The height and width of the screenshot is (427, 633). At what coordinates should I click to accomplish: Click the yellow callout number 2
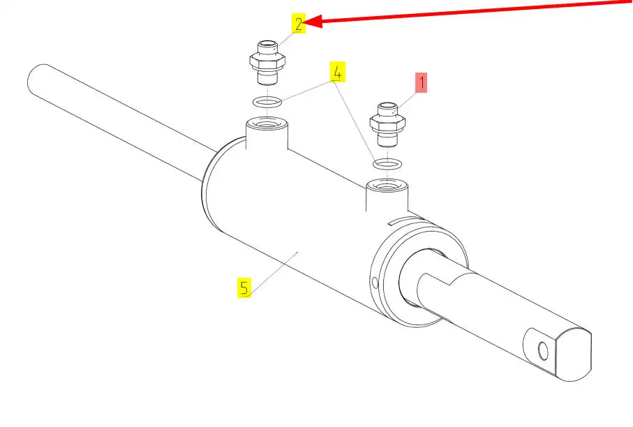click(299, 24)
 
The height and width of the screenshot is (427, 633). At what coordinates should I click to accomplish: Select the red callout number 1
click(421, 83)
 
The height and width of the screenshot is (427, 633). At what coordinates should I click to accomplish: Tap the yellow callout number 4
click(337, 71)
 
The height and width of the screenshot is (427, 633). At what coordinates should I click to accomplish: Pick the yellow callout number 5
click(244, 287)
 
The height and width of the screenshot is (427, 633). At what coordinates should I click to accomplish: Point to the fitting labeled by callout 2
click(267, 63)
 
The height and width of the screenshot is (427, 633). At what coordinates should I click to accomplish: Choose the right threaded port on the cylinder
click(387, 188)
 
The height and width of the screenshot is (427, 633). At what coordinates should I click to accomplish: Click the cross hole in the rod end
click(542, 349)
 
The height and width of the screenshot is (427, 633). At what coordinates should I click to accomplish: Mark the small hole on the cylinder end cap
click(375, 283)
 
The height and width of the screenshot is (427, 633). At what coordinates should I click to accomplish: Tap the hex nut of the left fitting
click(267, 62)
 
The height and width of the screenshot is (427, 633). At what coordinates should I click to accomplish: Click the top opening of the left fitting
click(267, 46)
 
